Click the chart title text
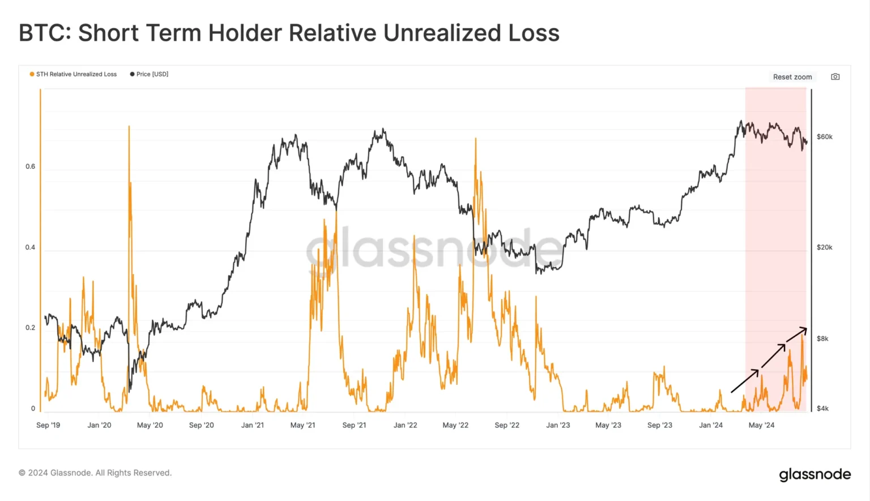point(289,33)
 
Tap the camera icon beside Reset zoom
point(835,77)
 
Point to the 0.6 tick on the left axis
point(30,166)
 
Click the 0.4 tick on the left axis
point(30,247)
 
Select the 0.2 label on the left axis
point(30,328)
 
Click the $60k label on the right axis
point(824,137)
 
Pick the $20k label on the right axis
point(824,247)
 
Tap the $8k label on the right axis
point(822,339)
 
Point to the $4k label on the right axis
point(822,408)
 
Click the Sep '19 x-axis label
point(48,425)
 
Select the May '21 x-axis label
point(302,425)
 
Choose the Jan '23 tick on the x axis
point(558,425)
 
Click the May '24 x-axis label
point(761,425)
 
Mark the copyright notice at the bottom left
point(95,473)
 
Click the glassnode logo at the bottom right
point(814,474)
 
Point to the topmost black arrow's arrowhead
point(805,329)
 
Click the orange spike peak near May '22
point(476,139)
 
